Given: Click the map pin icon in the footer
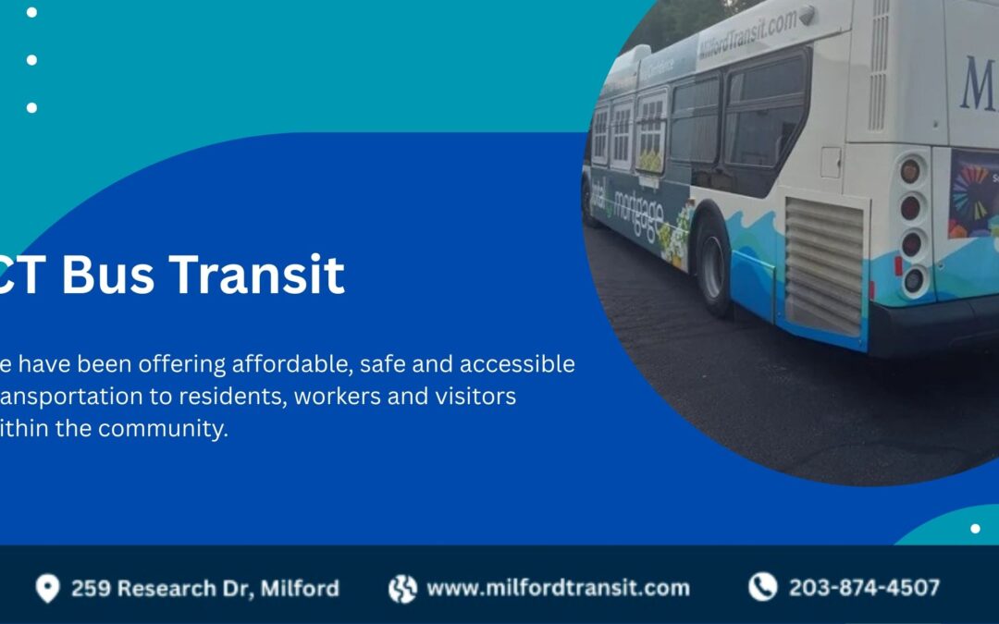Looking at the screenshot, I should tap(47, 588).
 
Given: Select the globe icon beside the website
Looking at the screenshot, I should tap(402, 588).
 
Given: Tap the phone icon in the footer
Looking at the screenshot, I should tap(762, 587).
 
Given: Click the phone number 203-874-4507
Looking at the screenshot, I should tap(864, 587).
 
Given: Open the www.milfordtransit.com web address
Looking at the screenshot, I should tap(558, 588).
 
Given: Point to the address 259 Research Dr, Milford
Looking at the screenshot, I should tap(204, 588).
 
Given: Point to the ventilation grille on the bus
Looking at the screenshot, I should tap(824, 265).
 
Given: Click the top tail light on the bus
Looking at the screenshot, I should tap(911, 171).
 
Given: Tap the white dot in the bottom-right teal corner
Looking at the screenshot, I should tap(975, 529).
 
